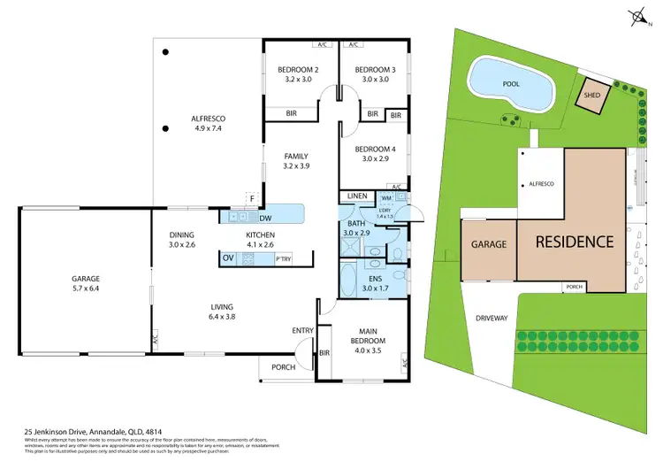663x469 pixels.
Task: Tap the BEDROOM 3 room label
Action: click(374, 69)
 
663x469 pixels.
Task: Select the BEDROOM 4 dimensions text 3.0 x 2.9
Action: click(373, 159)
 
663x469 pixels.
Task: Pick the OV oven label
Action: click(228, 258)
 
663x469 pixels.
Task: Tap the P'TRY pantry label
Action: click(284, 259)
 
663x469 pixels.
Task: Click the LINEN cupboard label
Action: click(357, 196)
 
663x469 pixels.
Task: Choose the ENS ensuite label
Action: click(373, 278)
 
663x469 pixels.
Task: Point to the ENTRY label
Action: click(303, 331)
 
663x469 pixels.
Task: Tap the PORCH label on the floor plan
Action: click(284, 366)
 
